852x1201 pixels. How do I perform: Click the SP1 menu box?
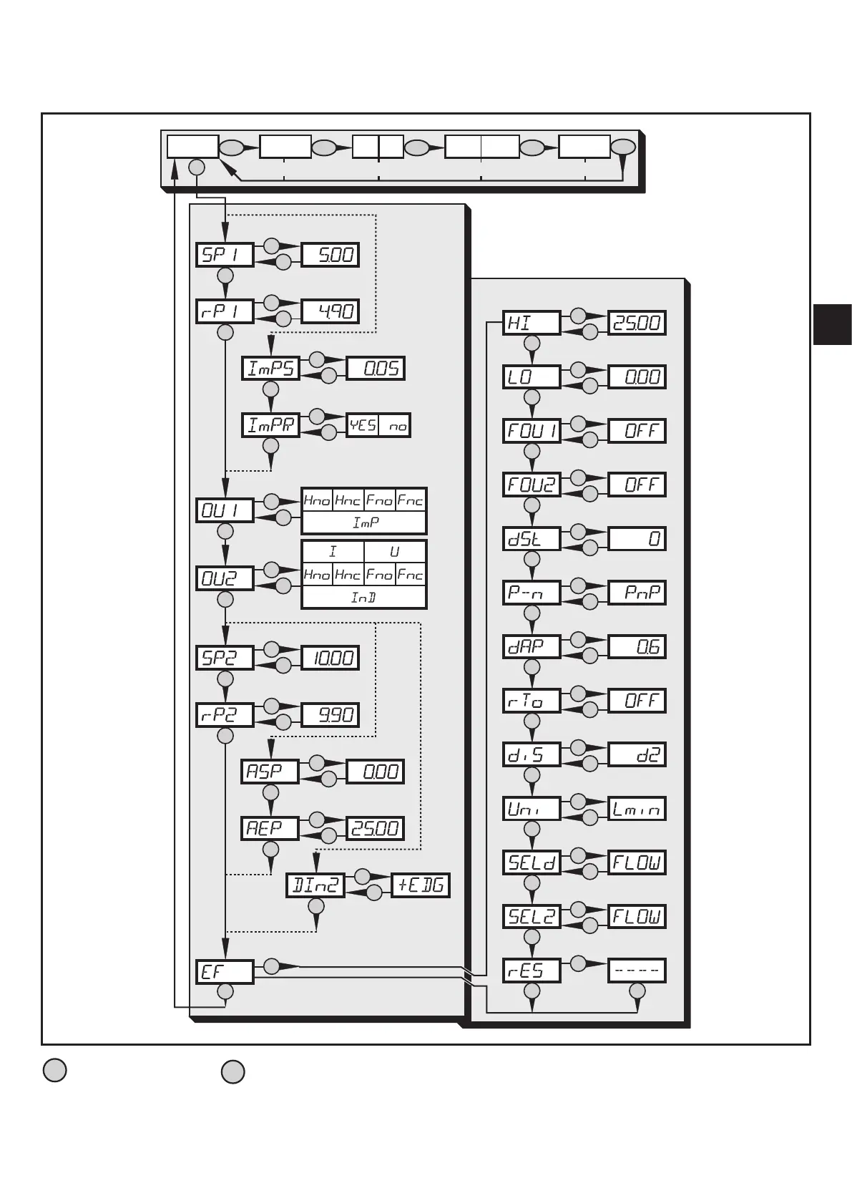pos(225,255)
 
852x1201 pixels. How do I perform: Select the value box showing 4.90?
pos(330,311)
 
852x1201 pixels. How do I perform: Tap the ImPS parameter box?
pos(270,368)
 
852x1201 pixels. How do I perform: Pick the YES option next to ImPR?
pos(363,426)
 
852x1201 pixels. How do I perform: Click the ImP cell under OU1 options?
pos(364,523)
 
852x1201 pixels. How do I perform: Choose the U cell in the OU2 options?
pos(395,552)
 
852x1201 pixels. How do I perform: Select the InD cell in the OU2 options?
pos(364,597)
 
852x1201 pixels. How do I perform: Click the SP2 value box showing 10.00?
pos(330,658)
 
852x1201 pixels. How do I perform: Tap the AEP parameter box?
pos(270,828)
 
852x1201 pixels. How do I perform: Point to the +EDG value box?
pos(421,885)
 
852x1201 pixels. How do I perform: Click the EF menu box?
pos(225,972)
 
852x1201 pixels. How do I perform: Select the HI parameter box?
pos(532,323)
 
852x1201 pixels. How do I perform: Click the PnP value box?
pos(637,593)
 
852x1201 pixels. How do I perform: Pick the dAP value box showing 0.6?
pos(637,647)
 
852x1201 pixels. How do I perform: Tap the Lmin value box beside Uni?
pos(637,809)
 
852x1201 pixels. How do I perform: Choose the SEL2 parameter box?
pos(532,916)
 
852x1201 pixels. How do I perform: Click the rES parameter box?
pos(532,971)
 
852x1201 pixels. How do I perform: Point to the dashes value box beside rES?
pos(637,971)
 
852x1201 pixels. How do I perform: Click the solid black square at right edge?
pos(832,324)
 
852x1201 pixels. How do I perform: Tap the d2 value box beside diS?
pos(637,754)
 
